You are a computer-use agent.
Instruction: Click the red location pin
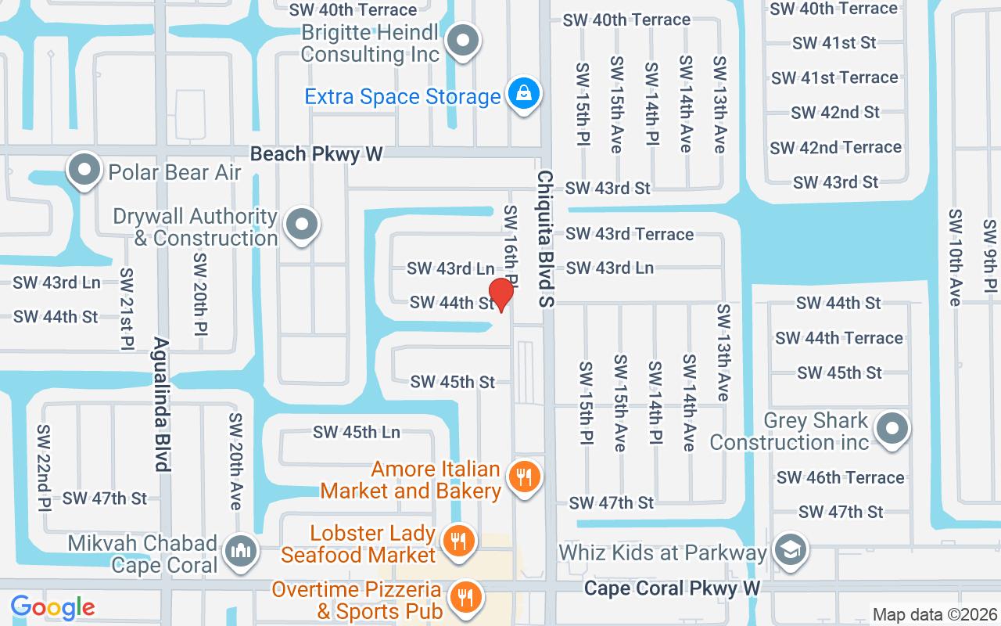pos(500,294)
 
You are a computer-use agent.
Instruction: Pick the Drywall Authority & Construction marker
pos(302,226)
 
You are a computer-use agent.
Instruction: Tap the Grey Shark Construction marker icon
pos(892,429)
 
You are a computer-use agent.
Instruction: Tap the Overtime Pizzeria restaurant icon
pos(466,597)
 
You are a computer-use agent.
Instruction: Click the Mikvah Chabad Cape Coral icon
pos(241,552)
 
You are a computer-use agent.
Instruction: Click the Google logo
pos(53,607)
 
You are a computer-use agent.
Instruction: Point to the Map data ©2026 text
pos(935,615)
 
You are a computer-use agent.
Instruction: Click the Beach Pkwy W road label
pos(317,154)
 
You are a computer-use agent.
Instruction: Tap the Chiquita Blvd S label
pos(545,239)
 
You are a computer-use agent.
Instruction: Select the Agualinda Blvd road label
pos(161,404)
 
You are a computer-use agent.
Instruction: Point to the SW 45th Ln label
pos(357,432)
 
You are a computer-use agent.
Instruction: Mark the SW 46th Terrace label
pos(840,477)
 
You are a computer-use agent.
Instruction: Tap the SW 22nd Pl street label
pos(45,467)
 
